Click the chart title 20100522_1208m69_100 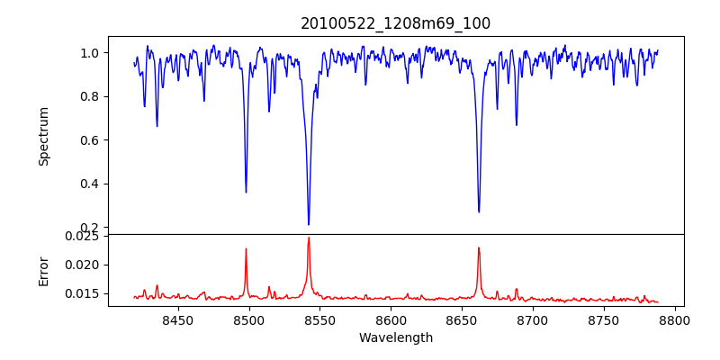click(395, 23)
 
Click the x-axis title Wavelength click(395, 338)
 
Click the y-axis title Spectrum click(43, 136)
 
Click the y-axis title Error click(43, 270)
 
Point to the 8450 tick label click(178, 319)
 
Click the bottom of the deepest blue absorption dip click(309, 224)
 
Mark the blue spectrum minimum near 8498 click(246, 192)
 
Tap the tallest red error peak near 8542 click(309, 238)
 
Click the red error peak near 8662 click(479, 247)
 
